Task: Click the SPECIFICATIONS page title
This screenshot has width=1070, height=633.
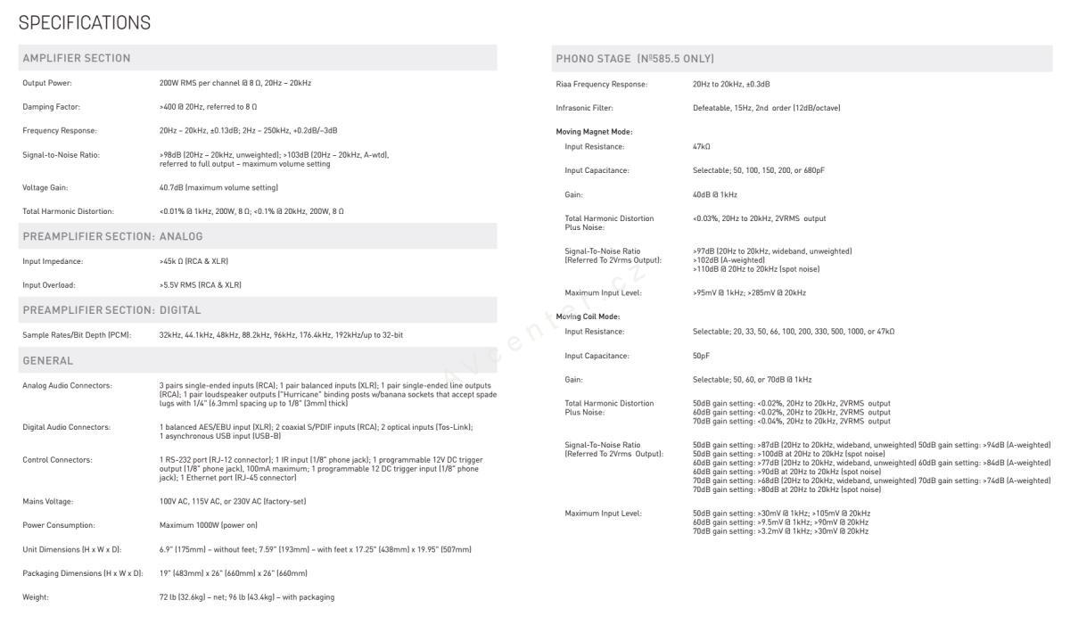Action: coord(85,22)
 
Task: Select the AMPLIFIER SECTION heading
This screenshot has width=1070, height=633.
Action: coord(77,58)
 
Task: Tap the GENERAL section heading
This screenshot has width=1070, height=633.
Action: coord(48,360)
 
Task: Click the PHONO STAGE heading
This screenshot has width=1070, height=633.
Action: coord(635,58)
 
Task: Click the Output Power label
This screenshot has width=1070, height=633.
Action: coord(47,83)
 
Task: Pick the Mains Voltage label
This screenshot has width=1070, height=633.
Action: coord(48,501)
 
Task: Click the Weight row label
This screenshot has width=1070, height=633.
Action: coord(36,596)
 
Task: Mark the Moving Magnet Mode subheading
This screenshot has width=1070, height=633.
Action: coord(594,131)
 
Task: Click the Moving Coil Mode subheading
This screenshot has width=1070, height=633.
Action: coord(588,316)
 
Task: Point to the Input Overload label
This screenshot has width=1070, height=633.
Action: coord(49,285)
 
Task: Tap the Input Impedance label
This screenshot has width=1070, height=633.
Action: coord(53,261)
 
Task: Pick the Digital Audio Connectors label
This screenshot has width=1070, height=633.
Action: coord(67,427)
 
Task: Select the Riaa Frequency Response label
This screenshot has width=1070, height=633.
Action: coord(602,84)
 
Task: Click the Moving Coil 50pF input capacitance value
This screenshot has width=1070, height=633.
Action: coord(701,356)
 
